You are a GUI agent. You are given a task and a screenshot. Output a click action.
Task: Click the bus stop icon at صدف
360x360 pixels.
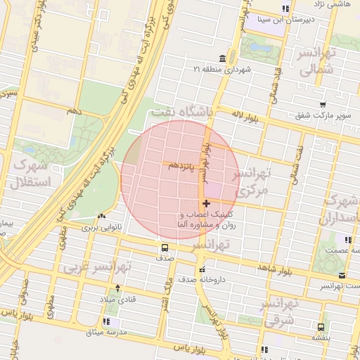pos(165,247)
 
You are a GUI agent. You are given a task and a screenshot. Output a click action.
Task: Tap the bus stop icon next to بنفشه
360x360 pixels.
pos(321,327)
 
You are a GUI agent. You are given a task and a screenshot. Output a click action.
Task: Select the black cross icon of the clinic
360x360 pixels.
pos(205,204)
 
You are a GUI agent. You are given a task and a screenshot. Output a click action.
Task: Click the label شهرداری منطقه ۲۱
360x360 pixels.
pos(218,69)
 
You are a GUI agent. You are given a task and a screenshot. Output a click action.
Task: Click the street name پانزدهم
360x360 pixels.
pos(181,164)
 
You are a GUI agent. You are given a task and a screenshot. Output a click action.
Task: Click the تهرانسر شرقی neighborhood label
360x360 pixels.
pos(280,313)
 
